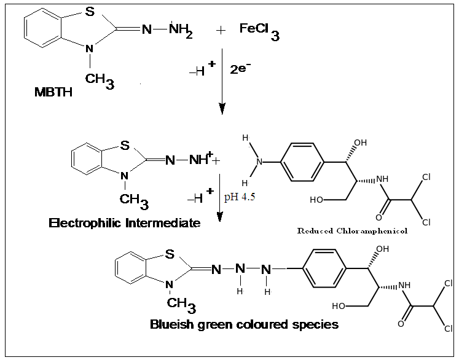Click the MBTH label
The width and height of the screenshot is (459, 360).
pos(53,93)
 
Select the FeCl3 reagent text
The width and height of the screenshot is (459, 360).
pos(259,30)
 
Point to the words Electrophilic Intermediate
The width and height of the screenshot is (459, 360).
pos(125,223)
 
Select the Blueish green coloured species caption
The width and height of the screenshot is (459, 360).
pos(244,324)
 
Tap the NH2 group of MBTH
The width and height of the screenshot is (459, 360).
pos(181,30)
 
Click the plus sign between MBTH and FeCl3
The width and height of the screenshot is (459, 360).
pos(221,31)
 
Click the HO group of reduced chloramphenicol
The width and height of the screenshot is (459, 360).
pos(317,200)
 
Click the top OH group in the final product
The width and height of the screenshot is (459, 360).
pos(382,249)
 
